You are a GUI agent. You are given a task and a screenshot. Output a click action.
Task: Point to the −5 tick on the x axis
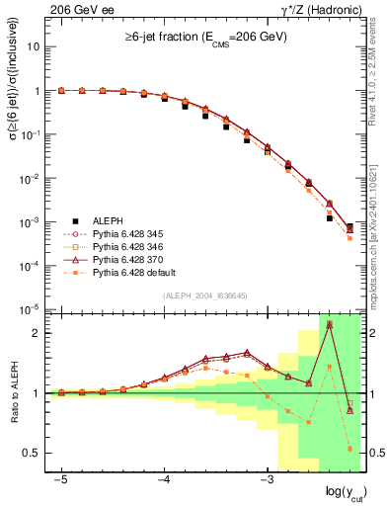pos(61,479)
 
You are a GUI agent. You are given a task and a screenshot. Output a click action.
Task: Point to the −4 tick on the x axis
pos(164,479)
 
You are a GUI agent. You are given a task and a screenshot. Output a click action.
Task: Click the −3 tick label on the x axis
pos(266,479)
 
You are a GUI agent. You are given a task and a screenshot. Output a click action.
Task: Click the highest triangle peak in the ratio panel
pos(329,323)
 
